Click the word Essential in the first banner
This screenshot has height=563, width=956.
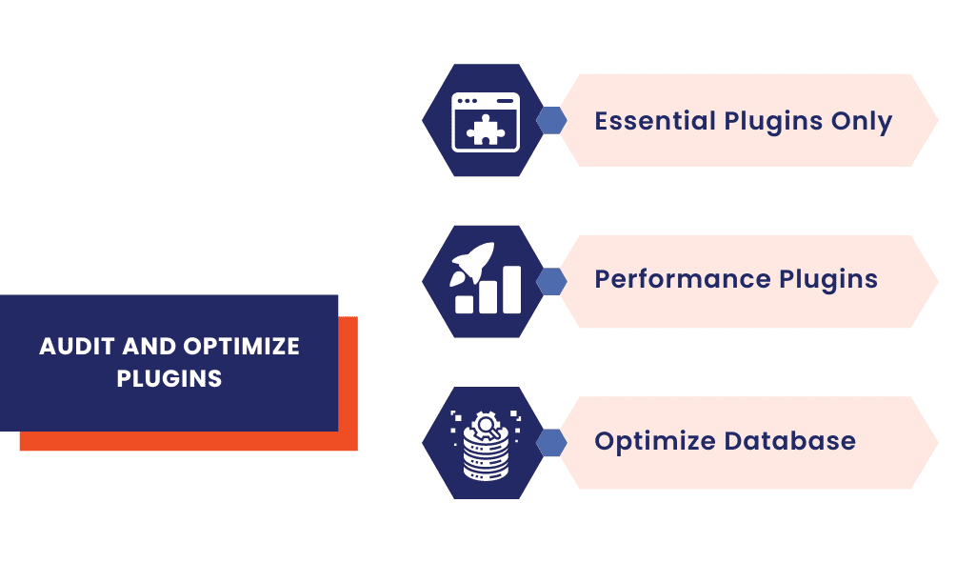point(655,122)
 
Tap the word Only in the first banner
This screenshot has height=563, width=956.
point(861,122)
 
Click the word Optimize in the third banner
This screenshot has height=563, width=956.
point(655,441)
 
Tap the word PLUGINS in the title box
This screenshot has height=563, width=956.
point(169,378)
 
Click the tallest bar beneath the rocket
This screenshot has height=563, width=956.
point(512,289)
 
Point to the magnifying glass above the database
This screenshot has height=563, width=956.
point(487,423)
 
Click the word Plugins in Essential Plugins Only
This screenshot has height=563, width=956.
point(773,122)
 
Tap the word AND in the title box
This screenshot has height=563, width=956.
point(139,346)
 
